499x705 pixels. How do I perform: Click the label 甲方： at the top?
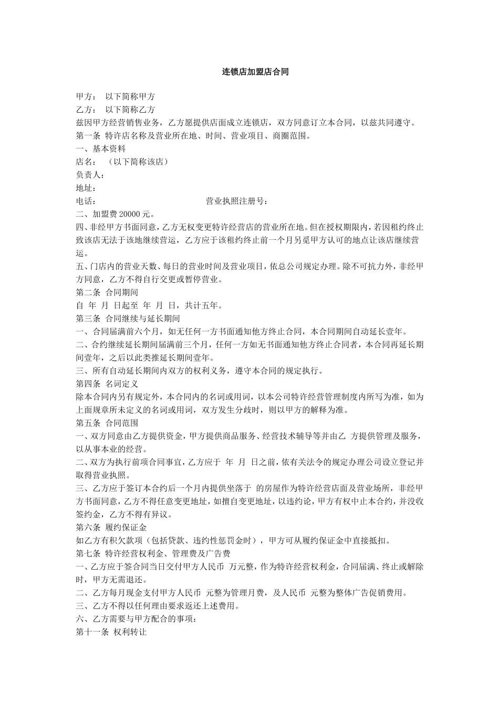(86, 97)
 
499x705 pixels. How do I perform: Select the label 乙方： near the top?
(86, 110)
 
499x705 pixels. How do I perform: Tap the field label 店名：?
(86, 162)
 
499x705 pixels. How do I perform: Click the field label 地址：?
(86, 188)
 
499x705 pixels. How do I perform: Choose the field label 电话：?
(86, 201)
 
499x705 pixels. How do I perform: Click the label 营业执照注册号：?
(237, 201)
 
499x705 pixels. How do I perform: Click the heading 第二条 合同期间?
(107, 292)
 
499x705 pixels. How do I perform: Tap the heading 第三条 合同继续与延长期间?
(128, 318)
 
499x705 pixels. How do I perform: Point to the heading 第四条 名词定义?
(107, 383)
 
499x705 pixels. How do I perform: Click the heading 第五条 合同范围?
(107, 422)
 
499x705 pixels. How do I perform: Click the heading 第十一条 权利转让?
(111, 632)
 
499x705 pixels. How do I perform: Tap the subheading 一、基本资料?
(101, 149)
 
